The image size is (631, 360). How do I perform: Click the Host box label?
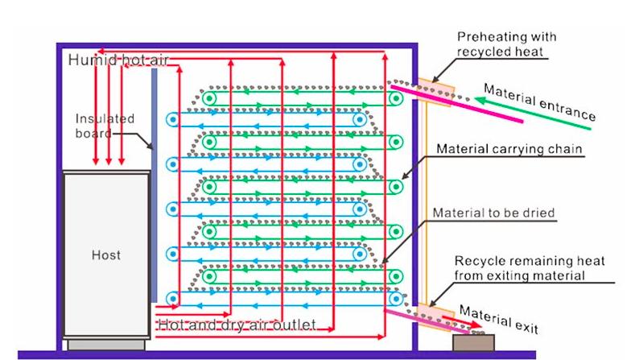coord(105,255)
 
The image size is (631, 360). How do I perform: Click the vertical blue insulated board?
coord(153,185)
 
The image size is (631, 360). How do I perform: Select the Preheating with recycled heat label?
coord(506,44)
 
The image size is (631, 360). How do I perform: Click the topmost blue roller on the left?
coord(172,119)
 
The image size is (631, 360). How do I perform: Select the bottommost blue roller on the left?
coord(172,298)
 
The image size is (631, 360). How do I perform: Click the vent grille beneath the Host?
coord(105,345)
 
